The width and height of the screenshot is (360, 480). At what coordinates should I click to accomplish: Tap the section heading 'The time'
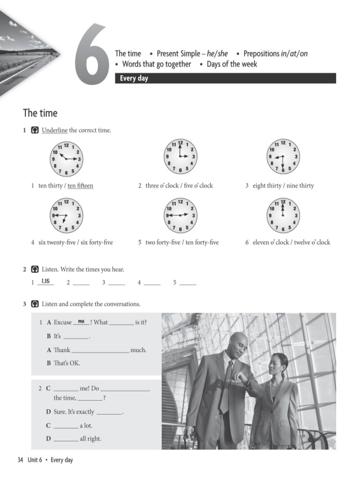[x=40, y=113]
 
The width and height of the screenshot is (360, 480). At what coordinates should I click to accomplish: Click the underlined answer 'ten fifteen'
[x=80, y=186]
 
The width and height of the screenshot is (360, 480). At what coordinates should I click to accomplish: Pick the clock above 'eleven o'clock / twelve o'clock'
[x=283, y=215]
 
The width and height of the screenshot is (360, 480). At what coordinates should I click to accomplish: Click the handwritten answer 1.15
[x=45, y=281]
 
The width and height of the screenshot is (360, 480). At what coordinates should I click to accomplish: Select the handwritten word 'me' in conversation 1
[x=82, y=321]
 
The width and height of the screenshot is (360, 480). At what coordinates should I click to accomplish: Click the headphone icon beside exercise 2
[x=34, y=270]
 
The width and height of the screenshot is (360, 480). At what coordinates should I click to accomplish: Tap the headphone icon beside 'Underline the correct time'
[x=34, y=130]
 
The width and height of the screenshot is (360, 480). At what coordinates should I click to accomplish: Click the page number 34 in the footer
[x=20, y=460]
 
